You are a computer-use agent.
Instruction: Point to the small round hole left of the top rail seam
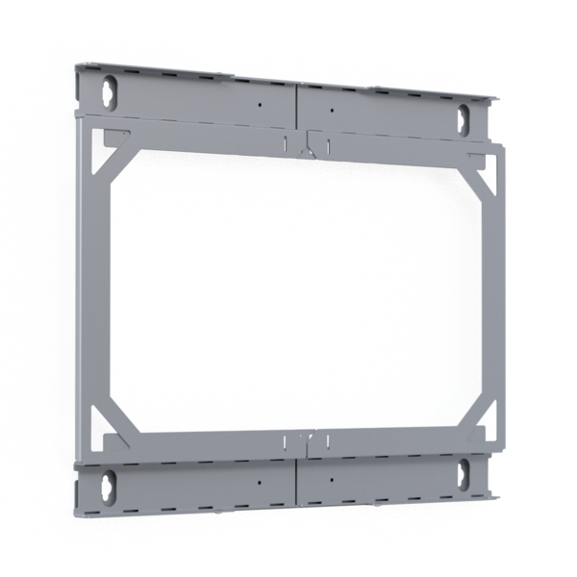point(259,104)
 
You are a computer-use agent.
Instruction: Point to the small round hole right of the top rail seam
point(330,110)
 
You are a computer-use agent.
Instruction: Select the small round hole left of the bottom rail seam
point(259,480)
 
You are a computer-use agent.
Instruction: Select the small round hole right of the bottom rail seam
point(330,478)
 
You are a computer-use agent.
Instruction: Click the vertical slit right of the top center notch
point(328,146)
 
